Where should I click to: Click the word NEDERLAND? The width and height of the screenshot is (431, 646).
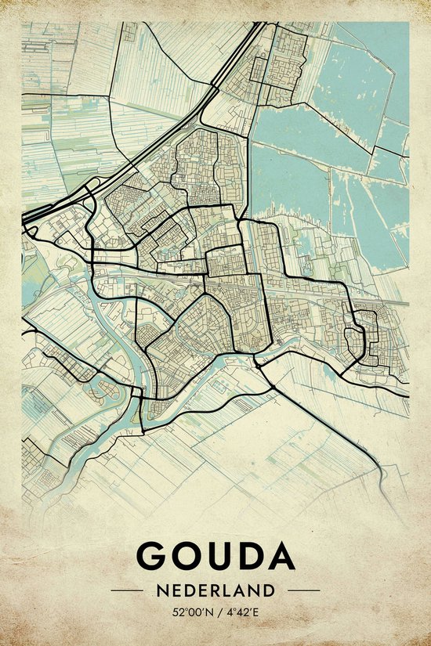[x=215, y=590]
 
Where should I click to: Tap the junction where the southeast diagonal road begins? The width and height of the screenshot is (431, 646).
[x=259, y=362]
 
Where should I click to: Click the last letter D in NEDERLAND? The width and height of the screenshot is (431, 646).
[x=270, y=590]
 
